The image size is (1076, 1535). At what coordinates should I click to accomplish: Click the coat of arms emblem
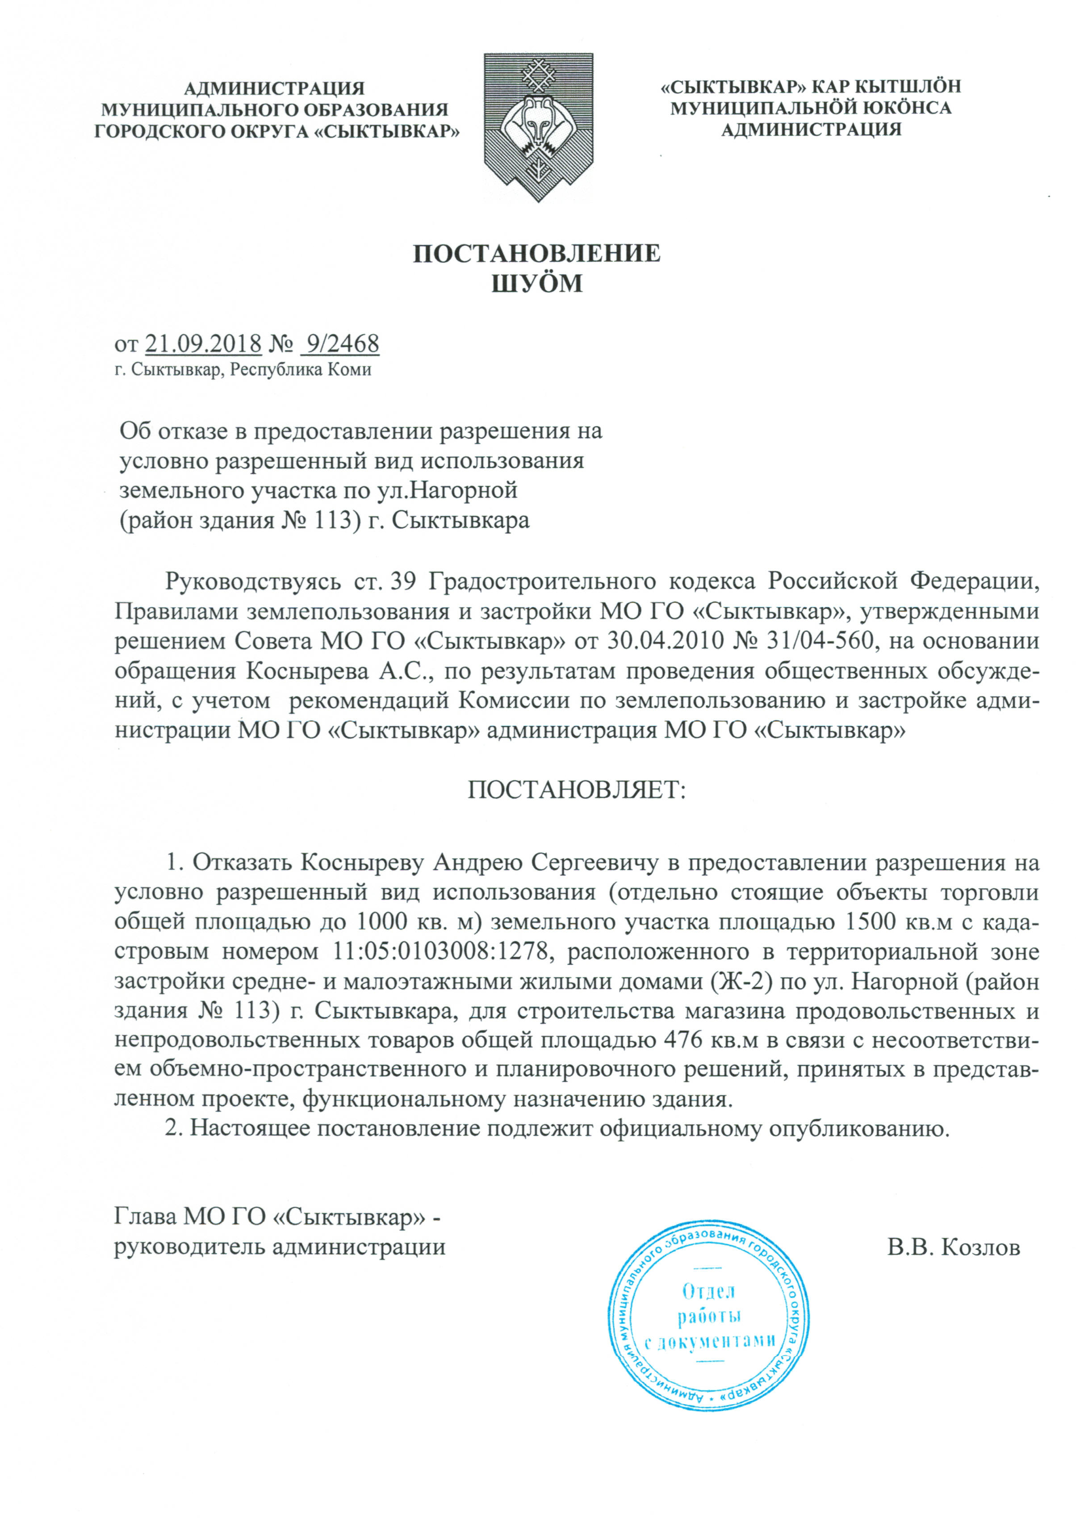point(538,126)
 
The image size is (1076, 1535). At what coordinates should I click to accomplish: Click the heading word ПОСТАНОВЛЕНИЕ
point(537,253)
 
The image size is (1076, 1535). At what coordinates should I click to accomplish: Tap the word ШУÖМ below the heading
point(537,284)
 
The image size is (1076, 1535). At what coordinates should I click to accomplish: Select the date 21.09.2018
point(203,343)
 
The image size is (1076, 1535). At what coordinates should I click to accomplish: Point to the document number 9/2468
point(341,343)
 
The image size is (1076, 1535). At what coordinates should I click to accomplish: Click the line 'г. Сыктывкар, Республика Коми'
point(243,369)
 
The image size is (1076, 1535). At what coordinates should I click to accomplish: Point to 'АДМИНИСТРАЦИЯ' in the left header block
point(274,88)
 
